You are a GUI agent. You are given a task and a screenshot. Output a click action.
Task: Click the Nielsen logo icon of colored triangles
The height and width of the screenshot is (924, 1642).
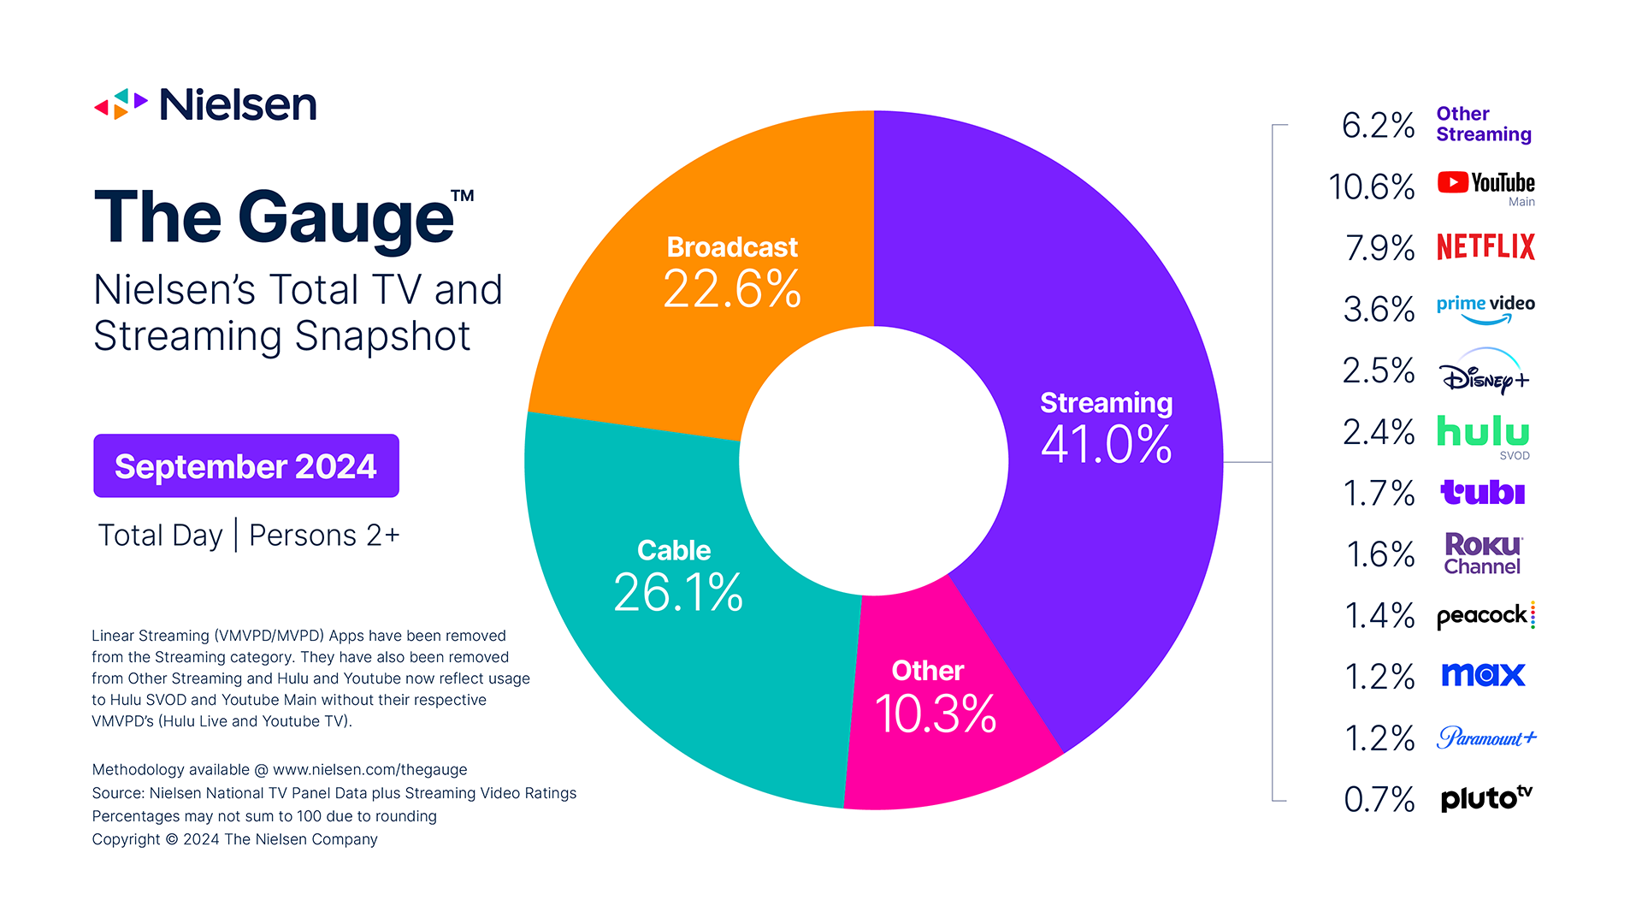(121, 104)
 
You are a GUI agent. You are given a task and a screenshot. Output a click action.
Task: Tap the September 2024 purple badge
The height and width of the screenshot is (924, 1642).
(246, 466)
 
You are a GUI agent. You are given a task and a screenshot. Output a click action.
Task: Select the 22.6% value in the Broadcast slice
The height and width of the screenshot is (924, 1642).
(732, 289)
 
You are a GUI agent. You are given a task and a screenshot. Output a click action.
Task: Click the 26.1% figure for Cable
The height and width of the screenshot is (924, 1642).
(678, 592)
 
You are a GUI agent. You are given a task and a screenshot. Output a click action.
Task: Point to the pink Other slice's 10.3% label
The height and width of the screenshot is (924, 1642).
(936, 714)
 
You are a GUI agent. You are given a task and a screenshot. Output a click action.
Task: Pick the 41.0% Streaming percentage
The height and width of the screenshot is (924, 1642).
(1106, 445)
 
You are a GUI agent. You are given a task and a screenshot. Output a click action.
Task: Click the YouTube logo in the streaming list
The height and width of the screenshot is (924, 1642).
(1485, 183)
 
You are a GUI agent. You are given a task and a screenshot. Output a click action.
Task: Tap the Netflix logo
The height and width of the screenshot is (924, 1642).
(1485, 247)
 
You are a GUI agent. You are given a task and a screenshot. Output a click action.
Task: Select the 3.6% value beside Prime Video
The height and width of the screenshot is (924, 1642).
(1379, 310)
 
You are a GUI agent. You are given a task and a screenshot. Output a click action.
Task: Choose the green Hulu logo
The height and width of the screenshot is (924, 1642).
(1483, 432)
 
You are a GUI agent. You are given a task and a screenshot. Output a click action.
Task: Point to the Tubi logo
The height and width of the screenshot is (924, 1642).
(1483, 493)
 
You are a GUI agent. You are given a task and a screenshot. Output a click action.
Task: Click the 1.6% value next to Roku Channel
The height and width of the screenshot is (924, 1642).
(1380, 554)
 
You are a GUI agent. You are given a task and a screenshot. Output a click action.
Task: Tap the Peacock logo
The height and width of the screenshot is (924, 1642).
(1485, 615)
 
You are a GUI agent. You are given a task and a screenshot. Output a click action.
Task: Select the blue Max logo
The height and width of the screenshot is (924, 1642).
(1483, 675)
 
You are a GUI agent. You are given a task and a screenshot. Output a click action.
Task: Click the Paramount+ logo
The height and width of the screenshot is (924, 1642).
(1486, 737)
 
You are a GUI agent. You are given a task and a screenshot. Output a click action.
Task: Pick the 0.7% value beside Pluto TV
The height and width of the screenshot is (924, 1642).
(1379, 799)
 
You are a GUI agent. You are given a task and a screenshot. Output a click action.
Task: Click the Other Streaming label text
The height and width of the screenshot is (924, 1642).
(1483, 124)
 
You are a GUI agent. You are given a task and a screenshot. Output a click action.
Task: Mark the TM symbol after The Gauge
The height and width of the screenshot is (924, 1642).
(463, 195)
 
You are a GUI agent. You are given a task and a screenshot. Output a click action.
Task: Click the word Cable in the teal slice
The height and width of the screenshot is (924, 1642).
(674, 550)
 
